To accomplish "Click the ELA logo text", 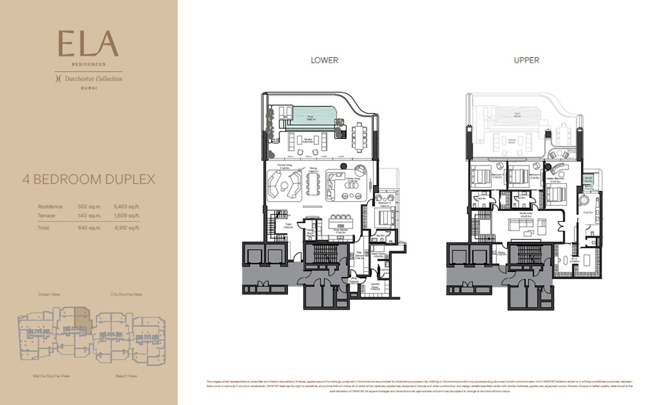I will pos(88,44).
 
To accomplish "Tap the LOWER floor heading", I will pos(324,60).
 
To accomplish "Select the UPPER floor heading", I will pos(526,60).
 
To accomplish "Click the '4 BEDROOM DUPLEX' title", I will pos(88,179).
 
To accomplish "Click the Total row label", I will pos(44,228).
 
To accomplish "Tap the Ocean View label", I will pos(49,294).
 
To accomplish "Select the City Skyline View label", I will pos(126,294).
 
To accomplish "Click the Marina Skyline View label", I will pos(51,376).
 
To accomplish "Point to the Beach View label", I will pos(126,376).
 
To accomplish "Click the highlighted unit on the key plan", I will pos(83,316).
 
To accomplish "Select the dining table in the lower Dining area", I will pos(313,184).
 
